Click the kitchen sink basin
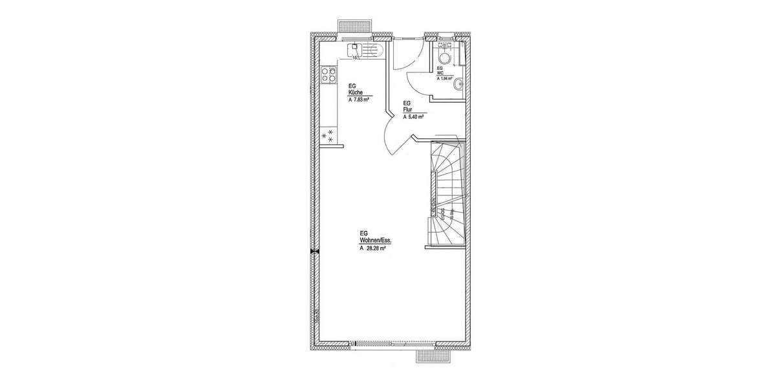click(355, 48)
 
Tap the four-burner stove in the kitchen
click(329, 75)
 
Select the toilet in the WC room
click(446, 47)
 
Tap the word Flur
click(408, 110)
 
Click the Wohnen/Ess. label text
click(376, 240)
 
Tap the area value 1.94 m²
click(446, 78)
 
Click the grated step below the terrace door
click(433, 356)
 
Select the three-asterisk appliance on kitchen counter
click(329, 135)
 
